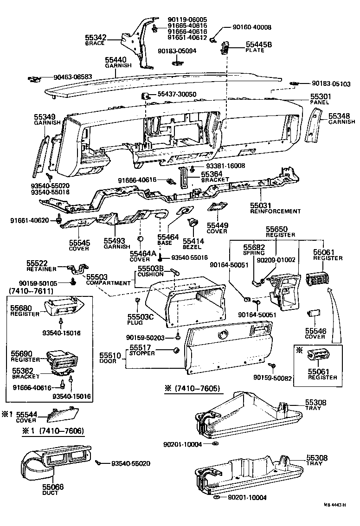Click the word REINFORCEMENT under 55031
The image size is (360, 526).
coord(276,211)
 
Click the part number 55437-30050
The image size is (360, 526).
coord(177,94)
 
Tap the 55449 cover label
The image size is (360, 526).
coord(217,228)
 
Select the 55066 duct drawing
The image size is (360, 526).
coord(51,462)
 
